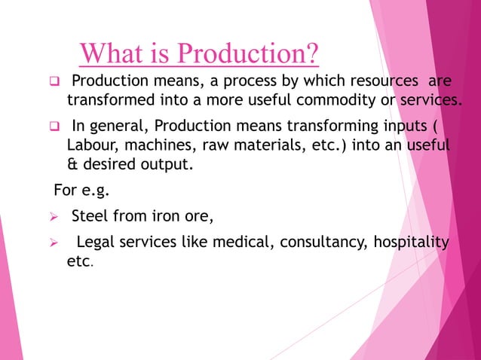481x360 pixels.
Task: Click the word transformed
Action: (x=109, y=100)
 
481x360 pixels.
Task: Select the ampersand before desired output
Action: (x=72, y=163)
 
